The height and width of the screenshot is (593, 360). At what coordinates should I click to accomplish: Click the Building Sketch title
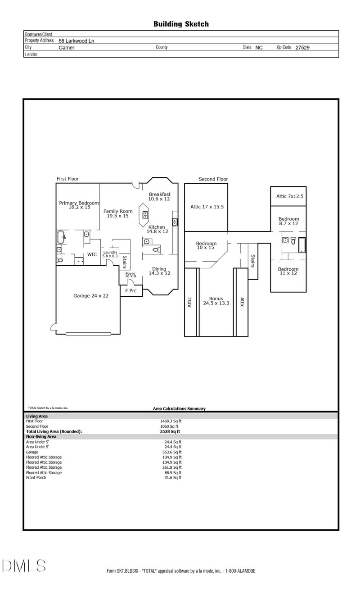(181, 24)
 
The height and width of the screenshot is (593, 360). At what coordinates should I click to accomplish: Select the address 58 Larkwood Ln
(76, 41)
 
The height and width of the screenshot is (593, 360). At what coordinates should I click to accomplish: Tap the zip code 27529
(302, 47)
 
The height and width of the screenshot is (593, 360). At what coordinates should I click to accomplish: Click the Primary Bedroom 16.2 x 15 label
(79, 205)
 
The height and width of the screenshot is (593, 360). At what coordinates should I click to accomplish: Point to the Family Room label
(118, 213)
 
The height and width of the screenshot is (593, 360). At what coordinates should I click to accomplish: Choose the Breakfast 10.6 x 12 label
(159, 196)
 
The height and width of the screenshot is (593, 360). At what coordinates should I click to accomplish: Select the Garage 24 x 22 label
(91, 296)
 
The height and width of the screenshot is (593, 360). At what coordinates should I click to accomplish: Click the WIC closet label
(92, 254)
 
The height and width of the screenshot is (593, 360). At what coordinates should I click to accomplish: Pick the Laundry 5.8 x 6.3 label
(110, 254)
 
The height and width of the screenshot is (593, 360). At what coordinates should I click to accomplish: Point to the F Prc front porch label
(130, 291)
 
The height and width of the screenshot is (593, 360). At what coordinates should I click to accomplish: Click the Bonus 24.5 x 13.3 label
(216, 301)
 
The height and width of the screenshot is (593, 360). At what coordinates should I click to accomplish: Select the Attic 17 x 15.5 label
(207, 207)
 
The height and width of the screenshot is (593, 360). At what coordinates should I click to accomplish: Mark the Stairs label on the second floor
(253, 261)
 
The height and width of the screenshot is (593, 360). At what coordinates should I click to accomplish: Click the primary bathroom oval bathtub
(61, 236)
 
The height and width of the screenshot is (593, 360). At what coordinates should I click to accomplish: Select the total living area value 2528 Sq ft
(166, 431)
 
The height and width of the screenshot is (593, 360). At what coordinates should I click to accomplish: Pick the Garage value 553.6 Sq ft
(171, 452)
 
